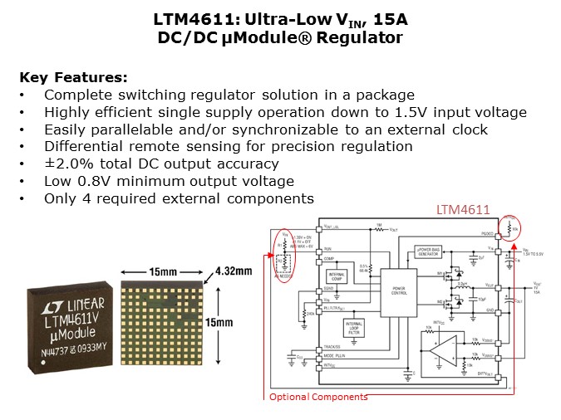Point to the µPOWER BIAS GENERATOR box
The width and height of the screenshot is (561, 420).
pos(431,252)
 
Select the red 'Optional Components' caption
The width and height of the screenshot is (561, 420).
pos(317,397)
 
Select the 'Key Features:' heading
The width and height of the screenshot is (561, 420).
pos(73,78)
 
